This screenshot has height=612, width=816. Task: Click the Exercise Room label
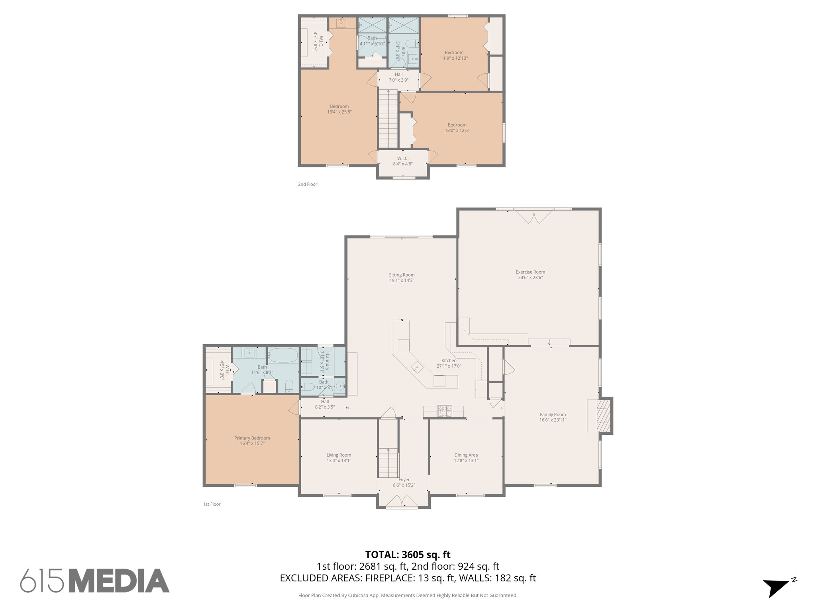click(x=530, y=272)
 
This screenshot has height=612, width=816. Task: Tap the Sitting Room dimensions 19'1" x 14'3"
click(x=402, y=280)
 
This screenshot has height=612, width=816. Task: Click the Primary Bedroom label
click(x=252, y=438)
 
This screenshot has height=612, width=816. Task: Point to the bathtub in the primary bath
click(x=282, y=354)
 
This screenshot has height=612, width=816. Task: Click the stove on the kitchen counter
click(x=444, y=411)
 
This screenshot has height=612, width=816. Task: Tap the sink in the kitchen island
click(x=417, y=367)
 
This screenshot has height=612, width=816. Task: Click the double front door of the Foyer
click(x=402, y=501)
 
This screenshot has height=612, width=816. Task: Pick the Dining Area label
click(x=466, y=455)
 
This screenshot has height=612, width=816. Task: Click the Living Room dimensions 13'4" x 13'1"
click(x=339, y=461)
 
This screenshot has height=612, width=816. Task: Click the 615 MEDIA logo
click(x=95, y=581)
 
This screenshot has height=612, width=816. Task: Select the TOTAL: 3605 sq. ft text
click(x=408, y=555)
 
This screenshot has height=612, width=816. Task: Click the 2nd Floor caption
click(x=308, y=184)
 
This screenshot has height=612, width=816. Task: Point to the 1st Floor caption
click(x=212, y=504)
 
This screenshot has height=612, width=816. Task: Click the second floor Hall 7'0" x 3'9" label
click(x=398, y=77)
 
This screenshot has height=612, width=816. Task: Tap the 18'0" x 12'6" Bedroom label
click(x=457, y=127)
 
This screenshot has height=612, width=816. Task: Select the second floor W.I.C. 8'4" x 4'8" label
click(x=402, y=161)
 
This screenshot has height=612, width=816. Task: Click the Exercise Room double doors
click(x=534, y=216)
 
